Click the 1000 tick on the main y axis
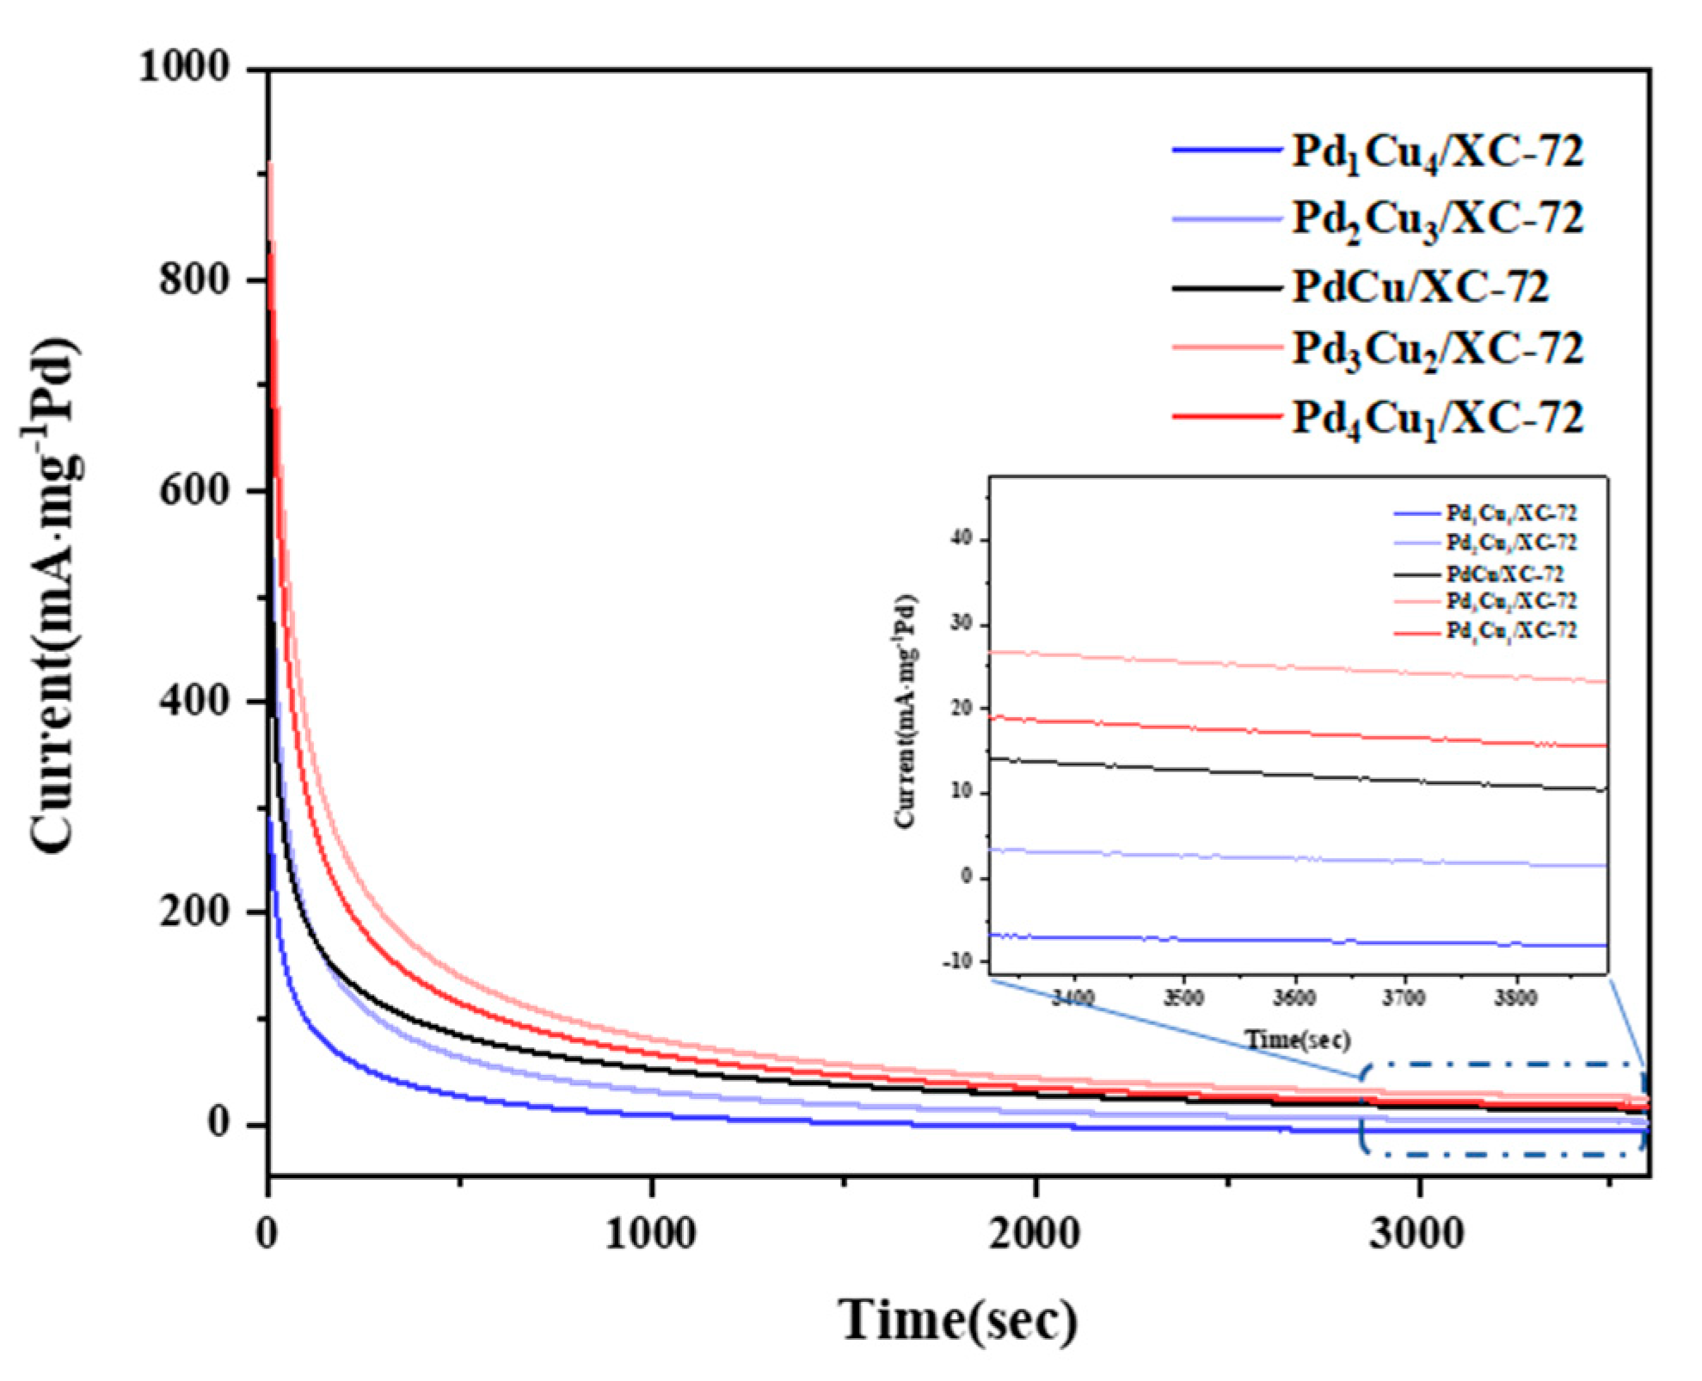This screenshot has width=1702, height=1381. click(x=185, y=67)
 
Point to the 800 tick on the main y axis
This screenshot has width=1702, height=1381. click(x=195, y=279)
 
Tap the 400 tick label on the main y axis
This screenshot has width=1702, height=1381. click(x=195, y=700)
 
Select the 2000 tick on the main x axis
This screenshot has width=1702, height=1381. click(x=1034, y=1234)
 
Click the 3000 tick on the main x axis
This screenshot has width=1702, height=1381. click(x=1417, y=1234)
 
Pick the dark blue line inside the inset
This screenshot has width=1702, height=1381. click(x=1290, y=940)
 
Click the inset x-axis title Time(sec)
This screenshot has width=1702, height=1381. click(x=1299, y=1040)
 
